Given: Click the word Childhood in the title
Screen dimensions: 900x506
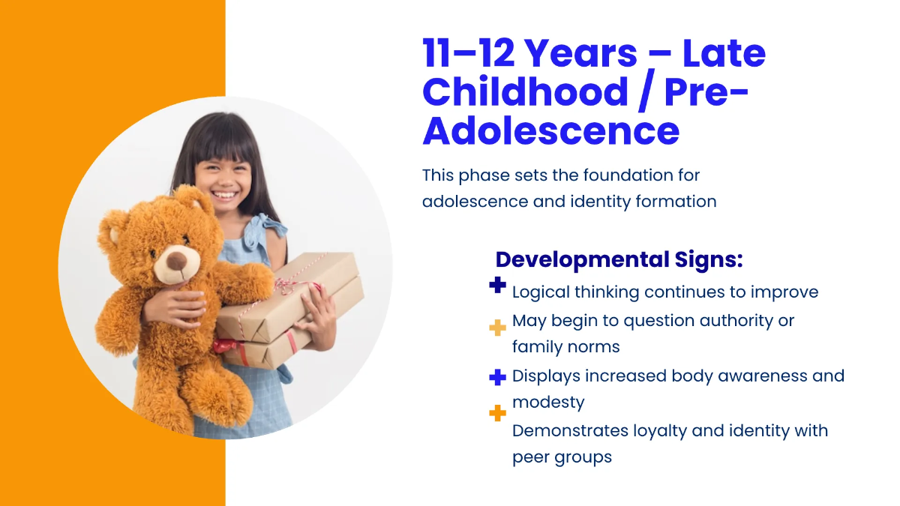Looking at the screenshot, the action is (x=525, y=91).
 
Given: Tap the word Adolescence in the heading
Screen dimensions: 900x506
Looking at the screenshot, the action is (x=550, y=130).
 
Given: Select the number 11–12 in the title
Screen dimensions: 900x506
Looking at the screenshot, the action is (x=469, y=52).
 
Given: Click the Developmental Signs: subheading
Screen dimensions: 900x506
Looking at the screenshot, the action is (x=619, y=260).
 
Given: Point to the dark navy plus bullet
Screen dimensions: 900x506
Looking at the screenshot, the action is (x=497, y=285).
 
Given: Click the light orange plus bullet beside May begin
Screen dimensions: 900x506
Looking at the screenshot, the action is (x=497, y=328).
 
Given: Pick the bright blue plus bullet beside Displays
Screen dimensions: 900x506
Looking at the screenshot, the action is (x=497, y=377).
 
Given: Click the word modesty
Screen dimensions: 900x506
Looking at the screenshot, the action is (x=548, y=403).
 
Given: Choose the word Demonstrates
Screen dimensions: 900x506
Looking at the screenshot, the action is (x=570, y=430).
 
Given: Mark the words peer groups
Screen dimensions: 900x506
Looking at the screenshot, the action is (x=562, y=458).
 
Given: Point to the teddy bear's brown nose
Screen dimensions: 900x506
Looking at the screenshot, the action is (x=176, y=262).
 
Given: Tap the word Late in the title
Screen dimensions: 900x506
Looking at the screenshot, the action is (x=724, y=52).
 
